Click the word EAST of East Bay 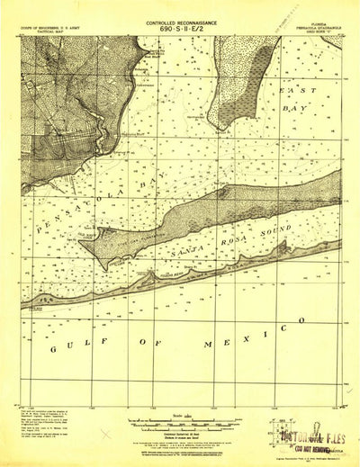297,92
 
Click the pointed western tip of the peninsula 91,267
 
